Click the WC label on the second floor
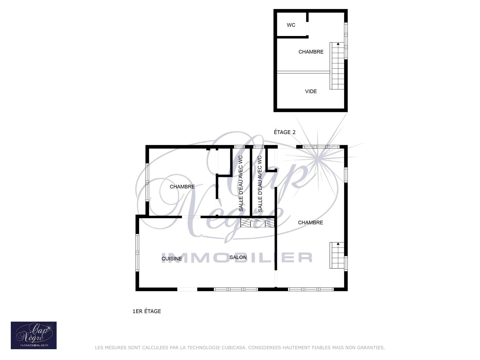pyautogui.click(x=291, y=25)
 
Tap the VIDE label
pyautogui.click(x=311, y=91)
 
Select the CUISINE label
pyautogui.click(x=171, y=259)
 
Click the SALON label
pyautogui.click(x=238, y=257)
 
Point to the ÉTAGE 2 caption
pyautogui.click(x=284, y=132)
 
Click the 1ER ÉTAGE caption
pyautogui.click(x=146, y=311)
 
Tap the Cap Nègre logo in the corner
pyautogui.click(x=34, y=335)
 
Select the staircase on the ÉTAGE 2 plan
pyautogui.click(x=337, y=66)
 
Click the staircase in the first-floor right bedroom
pyautogui.click(x=337, y=255)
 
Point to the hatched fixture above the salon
pyautogui.click(x=257, y=223)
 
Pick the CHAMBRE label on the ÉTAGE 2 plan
pyautogui.click(x=311, y=52)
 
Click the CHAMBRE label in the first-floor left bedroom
pyautogui.click(x=182, y=187)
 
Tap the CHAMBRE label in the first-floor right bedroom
pyautogui.click(x=310, y=223)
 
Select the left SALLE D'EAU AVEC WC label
pyautogui.click(x=241, y=183)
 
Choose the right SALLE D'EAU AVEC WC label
pyautogui.click(x=260, y=184)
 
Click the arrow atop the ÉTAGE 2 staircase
pyautogui.click(x=338, y=44)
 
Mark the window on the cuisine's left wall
pyautogui.click(x=137, y=253)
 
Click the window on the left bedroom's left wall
pyautogui.click(x=147, y=182)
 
